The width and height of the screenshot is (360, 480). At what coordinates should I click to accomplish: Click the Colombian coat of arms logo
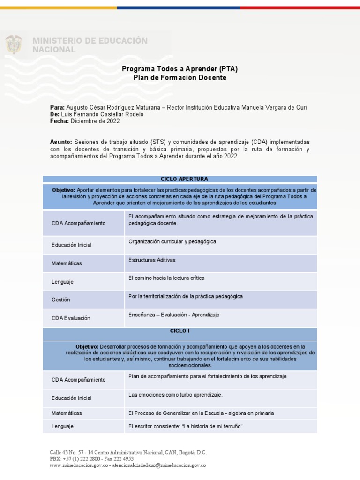(x=14, y=45)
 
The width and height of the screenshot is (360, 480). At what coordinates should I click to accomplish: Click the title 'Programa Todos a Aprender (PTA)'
(x=180, y=69)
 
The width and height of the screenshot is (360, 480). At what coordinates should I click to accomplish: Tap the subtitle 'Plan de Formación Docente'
(x=180, y=78)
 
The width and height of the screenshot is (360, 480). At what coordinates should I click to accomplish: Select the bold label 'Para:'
(x=57, y=107)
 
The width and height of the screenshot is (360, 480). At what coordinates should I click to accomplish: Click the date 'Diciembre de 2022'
(x=95, y=121)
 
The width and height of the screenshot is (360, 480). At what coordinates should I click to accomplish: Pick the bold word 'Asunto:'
(x=61, y=142)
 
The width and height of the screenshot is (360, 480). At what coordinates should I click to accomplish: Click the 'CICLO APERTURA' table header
(x=180, y=179)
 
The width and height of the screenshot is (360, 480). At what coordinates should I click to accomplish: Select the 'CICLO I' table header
(x=180, y=331)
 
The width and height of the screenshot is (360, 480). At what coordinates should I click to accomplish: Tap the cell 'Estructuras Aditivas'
(x=152, y=260)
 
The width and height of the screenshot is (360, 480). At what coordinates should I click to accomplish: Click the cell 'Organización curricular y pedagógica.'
(x=173, y=242)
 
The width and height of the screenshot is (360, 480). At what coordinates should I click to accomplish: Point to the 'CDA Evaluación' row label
(x=71, y=318)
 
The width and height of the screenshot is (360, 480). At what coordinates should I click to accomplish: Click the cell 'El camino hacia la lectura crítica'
(x=166, y=278)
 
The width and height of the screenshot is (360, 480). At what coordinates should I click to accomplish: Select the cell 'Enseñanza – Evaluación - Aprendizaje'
(x=174, y=315)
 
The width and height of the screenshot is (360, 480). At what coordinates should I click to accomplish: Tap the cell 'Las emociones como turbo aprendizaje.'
(x=175, y=395)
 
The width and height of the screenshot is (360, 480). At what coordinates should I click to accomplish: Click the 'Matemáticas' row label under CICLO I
(x=67, y=413)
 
